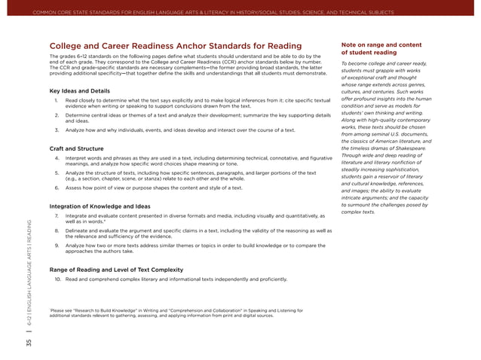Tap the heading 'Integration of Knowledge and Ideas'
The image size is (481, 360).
99,206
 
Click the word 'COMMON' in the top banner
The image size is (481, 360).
55,12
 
